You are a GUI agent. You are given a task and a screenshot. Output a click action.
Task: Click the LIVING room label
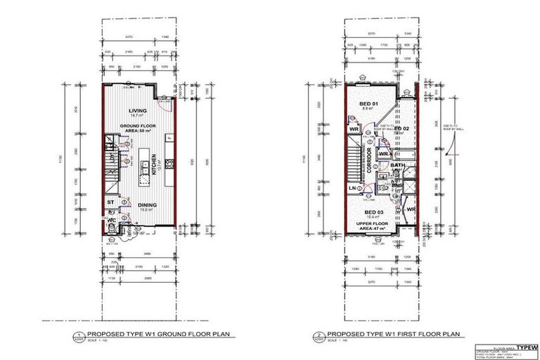click(138, 112)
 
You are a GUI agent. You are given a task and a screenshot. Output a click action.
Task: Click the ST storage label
click(110, 203)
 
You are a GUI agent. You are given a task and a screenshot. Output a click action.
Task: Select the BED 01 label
click(368, 103)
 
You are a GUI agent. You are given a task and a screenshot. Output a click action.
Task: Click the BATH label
click(398, 167)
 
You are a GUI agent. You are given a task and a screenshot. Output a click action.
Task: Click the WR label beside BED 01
click(353, 129)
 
